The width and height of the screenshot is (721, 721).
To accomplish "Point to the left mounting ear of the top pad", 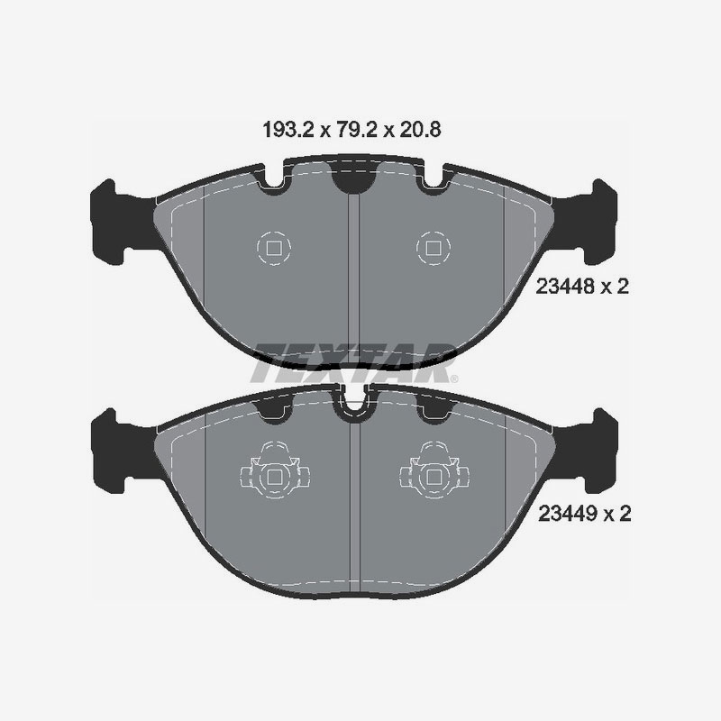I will pos(115,222).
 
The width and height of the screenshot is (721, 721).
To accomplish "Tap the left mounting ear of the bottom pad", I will pos(115,449).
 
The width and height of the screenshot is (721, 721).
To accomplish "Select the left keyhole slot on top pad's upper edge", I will pos(274,181).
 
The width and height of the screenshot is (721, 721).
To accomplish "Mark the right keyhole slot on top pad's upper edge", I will pos(428,181).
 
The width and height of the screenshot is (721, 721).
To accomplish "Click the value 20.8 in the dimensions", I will pos(421,130).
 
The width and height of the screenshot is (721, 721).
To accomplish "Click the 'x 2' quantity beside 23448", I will pos(614,287).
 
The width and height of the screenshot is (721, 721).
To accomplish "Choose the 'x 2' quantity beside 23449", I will pos(614,515).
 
